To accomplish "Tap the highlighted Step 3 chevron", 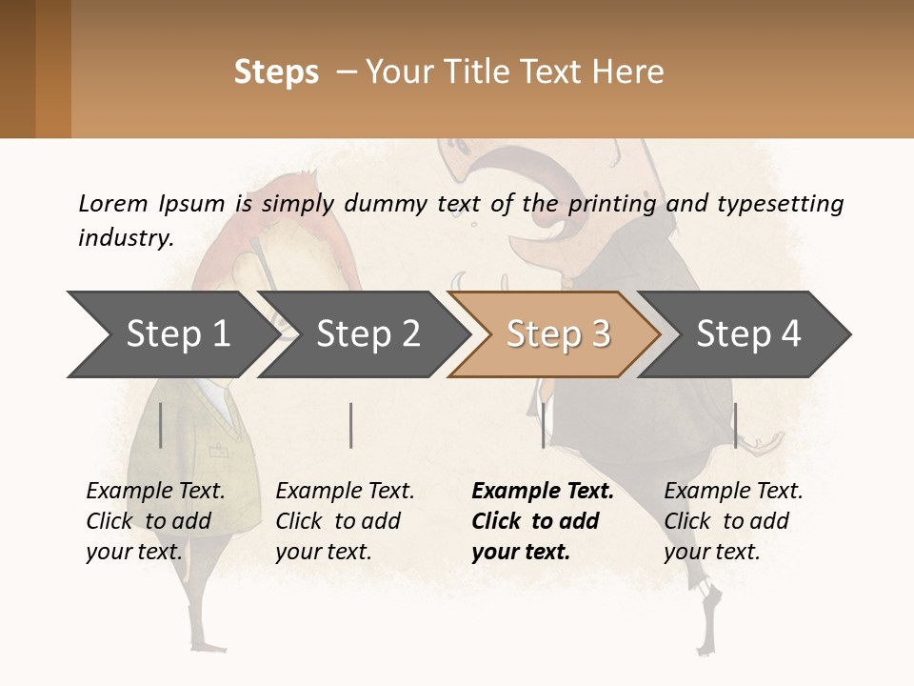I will click(558, 334).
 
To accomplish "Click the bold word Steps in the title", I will click(276, 72).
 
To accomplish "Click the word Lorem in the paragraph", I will click(112, 203).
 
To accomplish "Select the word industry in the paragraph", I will click(124, 237).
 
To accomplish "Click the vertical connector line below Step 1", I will click(161, 425).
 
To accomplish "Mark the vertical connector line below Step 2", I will click(351, 425).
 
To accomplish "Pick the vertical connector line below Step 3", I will click(543, 425).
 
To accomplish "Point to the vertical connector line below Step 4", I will click(735, 425).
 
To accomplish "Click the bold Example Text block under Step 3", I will click(542, 521).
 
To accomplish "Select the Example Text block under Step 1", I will click(155, 521).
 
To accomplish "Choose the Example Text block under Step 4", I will click(733, 521).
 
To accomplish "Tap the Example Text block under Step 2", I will click(345, 521).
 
